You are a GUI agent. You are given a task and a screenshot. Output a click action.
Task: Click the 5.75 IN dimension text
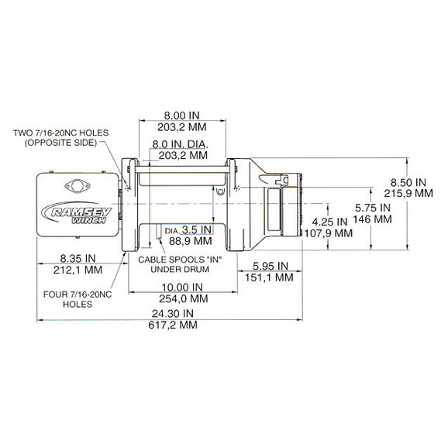pos(372,208)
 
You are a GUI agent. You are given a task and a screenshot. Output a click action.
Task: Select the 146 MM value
pos(372,219)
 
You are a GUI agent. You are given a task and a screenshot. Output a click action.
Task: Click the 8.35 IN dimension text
pos(78,258)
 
